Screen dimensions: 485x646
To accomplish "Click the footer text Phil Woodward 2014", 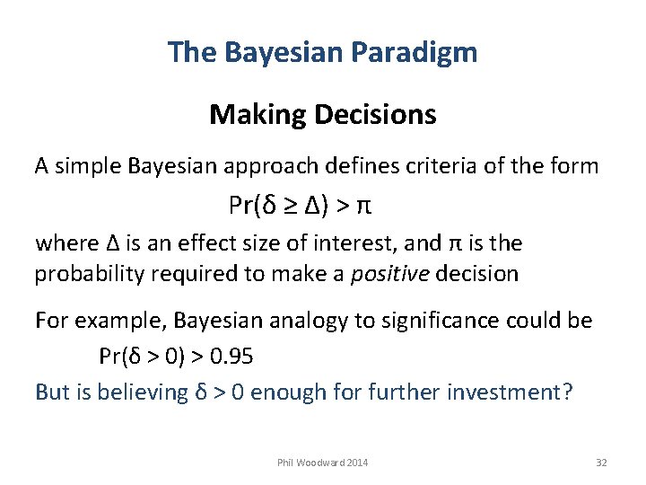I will pos(323,463).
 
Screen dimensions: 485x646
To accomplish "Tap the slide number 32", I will pos(601,463).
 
